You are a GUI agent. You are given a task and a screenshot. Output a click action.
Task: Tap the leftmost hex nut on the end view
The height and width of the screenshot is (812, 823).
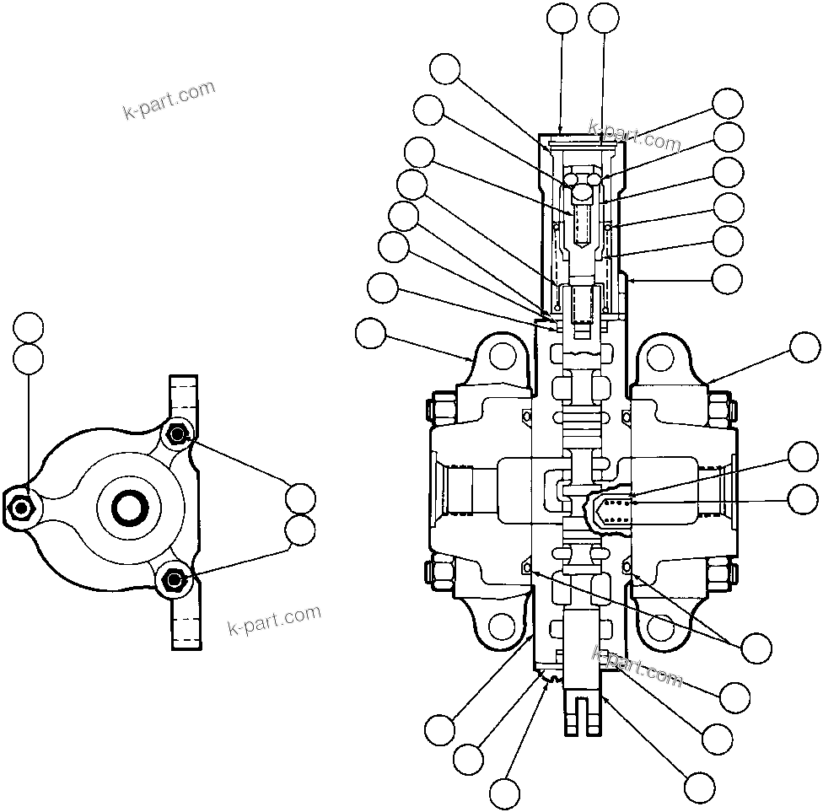point(20,508)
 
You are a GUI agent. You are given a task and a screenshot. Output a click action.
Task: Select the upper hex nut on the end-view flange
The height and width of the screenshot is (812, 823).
point(177,434)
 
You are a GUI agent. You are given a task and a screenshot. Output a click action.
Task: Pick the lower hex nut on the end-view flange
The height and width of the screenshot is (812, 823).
point(174,580)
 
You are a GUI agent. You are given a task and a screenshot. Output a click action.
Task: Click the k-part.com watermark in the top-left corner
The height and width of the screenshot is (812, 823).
point(169,99)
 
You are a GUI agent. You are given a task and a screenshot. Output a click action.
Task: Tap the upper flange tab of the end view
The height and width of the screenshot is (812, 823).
point(186,396)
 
